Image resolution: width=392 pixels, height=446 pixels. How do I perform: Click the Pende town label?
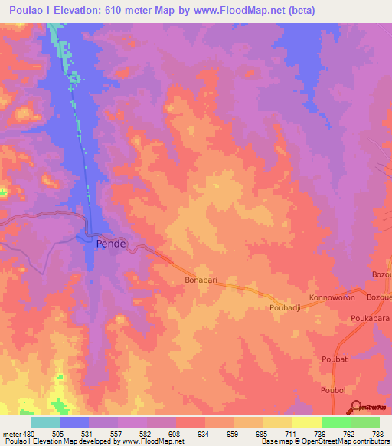click(111, 244)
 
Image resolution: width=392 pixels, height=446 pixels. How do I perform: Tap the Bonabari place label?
click(202, 280)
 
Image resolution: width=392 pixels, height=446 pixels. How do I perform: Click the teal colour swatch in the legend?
click(44, 421)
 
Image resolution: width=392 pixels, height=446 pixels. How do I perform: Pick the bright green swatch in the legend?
click(336, 421)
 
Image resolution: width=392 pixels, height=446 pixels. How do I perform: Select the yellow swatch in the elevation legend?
click(278, 421)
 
